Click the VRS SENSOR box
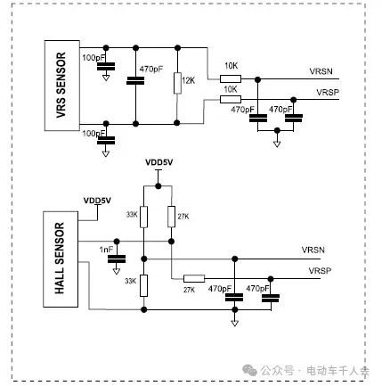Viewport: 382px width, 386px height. click(x=62, y=86)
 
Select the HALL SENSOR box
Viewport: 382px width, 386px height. click(x=61, y=259)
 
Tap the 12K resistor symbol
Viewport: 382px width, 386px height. click(x=177, y=83)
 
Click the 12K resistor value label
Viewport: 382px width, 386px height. click(x=189, y=80)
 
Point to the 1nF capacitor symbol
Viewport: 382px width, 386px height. click(x=117, y=259)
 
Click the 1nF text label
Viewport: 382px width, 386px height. click(x=106, y=250)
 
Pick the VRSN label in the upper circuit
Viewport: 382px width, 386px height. click(x=321, y=71)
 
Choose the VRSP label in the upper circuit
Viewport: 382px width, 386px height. click(x=328, y=93)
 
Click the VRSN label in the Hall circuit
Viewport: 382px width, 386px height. click(x=313, y=250)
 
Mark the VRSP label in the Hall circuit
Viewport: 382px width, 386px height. click(x=320, y=271)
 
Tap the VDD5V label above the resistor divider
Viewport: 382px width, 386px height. click(x=158, y=162)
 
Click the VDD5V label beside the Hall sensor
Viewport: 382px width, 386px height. click(x=97, y=201)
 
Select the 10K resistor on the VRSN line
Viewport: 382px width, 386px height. click(x=231, y=78)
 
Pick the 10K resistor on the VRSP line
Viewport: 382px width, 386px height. click(x=231, y=99)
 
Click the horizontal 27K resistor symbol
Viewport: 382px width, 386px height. click(x=194, y=279)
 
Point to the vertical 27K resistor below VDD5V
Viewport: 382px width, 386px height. click(x=171, y=217)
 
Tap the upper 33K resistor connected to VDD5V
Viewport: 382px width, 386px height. click(x=143, y=217)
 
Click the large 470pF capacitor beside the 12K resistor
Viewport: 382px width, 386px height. click(x=135, y=81)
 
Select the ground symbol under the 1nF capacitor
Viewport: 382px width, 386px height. click(x=117, y=271)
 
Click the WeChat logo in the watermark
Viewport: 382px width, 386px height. click(x=249, y=370)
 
